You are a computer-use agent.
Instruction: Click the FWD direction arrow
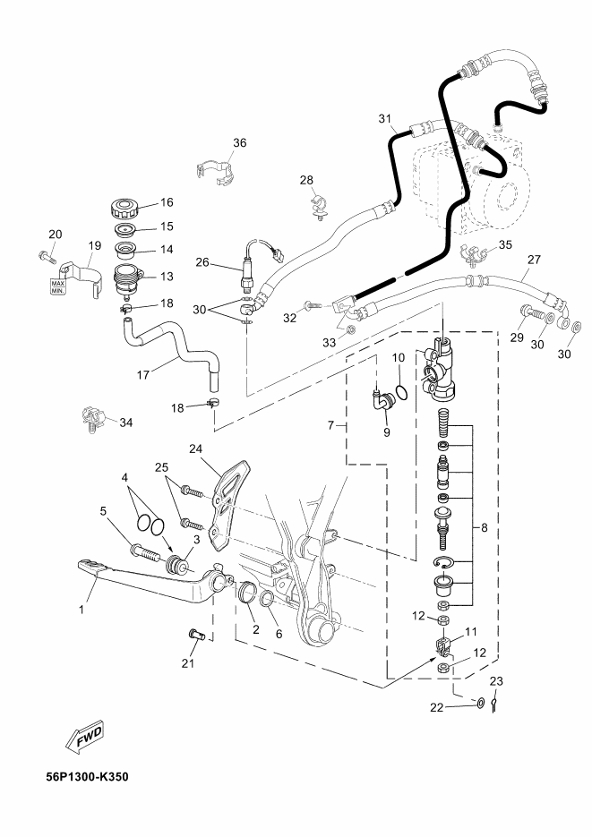coord(85,737)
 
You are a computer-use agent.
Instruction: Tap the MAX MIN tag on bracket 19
coord(57,286)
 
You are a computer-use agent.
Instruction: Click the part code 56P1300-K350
coord(87,776)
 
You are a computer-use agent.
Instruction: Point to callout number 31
coord(385,118)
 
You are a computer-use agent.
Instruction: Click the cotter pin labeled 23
coord(495,705)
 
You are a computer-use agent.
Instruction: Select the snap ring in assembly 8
coord(443,561)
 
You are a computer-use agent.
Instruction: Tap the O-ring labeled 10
coord(404,392)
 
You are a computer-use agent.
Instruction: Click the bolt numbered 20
coord(47,256)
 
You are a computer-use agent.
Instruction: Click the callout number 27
coord(534,260)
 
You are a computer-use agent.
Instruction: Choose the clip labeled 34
coord(93,419)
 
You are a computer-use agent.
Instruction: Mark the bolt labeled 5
coord(144,552)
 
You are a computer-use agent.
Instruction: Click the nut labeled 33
coord(351,329)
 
